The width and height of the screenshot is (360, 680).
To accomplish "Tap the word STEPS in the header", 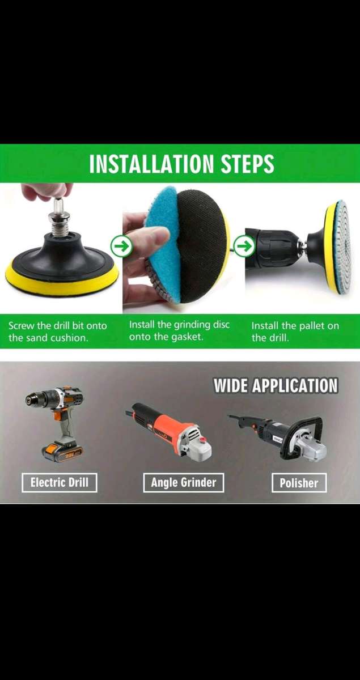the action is click(x=247, y=164).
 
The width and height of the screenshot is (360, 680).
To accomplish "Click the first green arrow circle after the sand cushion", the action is click(x=121, y=246).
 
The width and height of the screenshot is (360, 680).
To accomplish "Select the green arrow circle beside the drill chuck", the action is click(x=245, y=246).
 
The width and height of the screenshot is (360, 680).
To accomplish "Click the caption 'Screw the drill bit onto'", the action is click(x=58, y=326).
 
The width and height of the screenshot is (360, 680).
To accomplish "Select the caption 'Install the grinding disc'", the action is click(x=179, y=325).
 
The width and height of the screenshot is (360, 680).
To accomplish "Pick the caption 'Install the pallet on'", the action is click(x=295, y=326).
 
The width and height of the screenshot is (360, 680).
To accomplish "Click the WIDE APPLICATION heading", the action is click(x=276, y=385).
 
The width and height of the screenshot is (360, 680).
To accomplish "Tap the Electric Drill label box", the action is click(x=60, y=482).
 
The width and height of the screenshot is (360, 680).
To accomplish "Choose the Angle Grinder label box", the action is click(x=184, y=482).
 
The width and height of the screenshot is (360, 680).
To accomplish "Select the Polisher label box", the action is click(x=299, y=483).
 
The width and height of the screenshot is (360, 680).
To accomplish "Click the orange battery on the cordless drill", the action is click(x=62, y=453).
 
